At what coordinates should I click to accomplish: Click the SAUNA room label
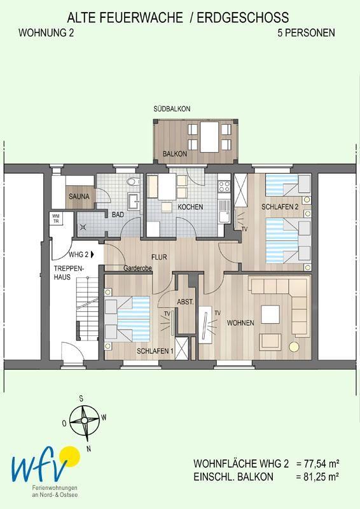79,197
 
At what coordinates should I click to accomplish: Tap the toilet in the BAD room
132,182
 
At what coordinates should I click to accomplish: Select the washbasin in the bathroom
133,202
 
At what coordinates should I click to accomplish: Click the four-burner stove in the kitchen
224,186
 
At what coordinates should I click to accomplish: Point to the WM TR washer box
56,218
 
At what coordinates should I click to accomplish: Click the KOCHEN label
190,207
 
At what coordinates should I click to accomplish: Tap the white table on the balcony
209,137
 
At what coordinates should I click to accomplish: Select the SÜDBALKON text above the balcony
172,109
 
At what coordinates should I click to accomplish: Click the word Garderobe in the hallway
137,268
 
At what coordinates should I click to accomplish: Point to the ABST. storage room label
185,302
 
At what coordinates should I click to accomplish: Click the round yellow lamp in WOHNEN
294,346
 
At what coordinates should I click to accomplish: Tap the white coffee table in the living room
270,314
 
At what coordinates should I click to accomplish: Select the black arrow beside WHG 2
93,254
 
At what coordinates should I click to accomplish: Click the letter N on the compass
88,449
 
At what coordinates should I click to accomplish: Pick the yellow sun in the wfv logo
69,456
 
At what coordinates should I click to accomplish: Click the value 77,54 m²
318,463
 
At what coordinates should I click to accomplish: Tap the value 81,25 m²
318,477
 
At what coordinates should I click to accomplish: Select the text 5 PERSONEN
306,33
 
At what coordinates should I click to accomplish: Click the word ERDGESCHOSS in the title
243,18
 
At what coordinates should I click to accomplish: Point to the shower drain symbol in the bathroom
83,227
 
